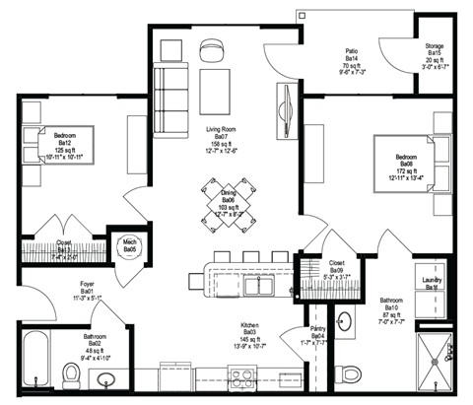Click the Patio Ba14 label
(x=351, y=60)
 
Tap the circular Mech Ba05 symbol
(x=130, y=245)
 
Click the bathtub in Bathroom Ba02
(x=37, y=357)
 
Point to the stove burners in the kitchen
(x=241, y=373)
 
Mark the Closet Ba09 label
(x=334, y=268)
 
